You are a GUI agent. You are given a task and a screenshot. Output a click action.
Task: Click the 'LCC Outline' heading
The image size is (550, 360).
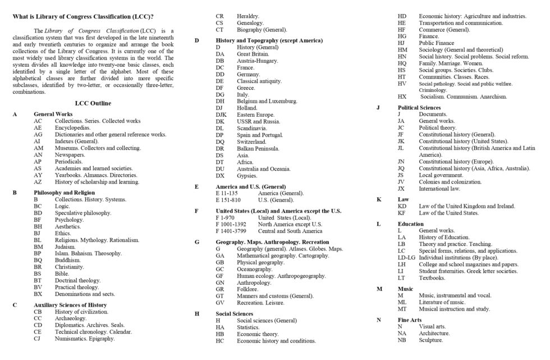pyautogui.click(x=93, y=103)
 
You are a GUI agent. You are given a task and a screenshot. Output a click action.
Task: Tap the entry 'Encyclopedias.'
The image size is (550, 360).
pyautogui.click(x=72, y=128)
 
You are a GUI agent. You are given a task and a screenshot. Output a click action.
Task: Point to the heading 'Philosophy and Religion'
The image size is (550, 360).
pyautogui.click(x=64, y=193)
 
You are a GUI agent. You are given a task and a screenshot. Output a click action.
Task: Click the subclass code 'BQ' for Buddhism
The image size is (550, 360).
pyautogui.click(x=38, y=261)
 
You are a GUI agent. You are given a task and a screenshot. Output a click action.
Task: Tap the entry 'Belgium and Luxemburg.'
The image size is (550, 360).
pyautogui.click(x=267, y=101)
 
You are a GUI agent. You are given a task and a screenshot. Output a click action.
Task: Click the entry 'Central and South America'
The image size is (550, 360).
pyautogui.click(x=290, y=231)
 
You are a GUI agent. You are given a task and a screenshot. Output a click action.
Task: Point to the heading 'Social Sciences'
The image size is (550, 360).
pyautogui.click(x=234, y=313)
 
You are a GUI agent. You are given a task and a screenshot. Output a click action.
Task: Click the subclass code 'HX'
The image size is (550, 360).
pyautogui.click(x=402, y=97)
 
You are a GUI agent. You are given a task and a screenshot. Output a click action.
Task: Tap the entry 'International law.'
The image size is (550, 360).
pyautogui.click(x=439, y=189)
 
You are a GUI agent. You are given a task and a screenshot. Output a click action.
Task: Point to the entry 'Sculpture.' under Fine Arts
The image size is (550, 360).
pyautogui.click(x=430, y=340)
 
